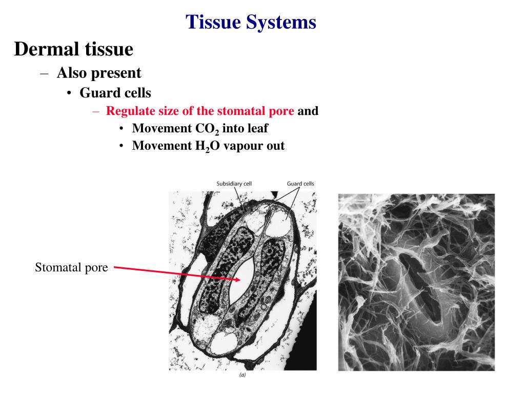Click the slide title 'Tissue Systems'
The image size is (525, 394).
point(251,22)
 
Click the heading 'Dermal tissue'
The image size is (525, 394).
point(74,49)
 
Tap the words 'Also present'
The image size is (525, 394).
point(98,73)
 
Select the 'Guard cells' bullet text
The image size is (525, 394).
point(115,93)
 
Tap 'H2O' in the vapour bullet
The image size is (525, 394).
point(205,146)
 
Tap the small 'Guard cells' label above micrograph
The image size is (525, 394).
point(300,184)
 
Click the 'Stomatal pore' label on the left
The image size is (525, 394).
point(71,267)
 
